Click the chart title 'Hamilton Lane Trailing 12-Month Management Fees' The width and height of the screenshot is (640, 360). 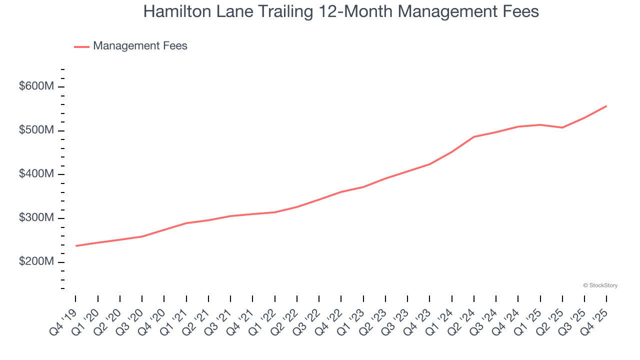(x=341, y=11)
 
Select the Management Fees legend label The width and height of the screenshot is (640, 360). (x=140, y=46)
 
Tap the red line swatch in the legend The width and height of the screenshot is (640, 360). (x=81, y=46)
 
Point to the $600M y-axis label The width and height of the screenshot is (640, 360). (x=36, y=86)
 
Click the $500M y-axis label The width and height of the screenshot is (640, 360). (x=36, y=130)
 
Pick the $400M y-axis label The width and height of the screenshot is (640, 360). (x=36, y=174)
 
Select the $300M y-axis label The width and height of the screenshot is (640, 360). (x=36, y=218)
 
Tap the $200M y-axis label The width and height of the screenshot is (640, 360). (x=36, y=262)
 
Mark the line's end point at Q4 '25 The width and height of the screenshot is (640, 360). (x=606, y=106)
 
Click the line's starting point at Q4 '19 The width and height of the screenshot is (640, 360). (x=76, y=245)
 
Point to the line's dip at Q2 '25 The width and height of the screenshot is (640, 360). (x=562, y=127)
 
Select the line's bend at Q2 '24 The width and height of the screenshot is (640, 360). (x=474, y=136)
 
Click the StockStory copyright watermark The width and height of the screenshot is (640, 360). (x=600, y=285)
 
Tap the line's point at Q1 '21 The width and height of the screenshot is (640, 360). (x=186, y=223)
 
